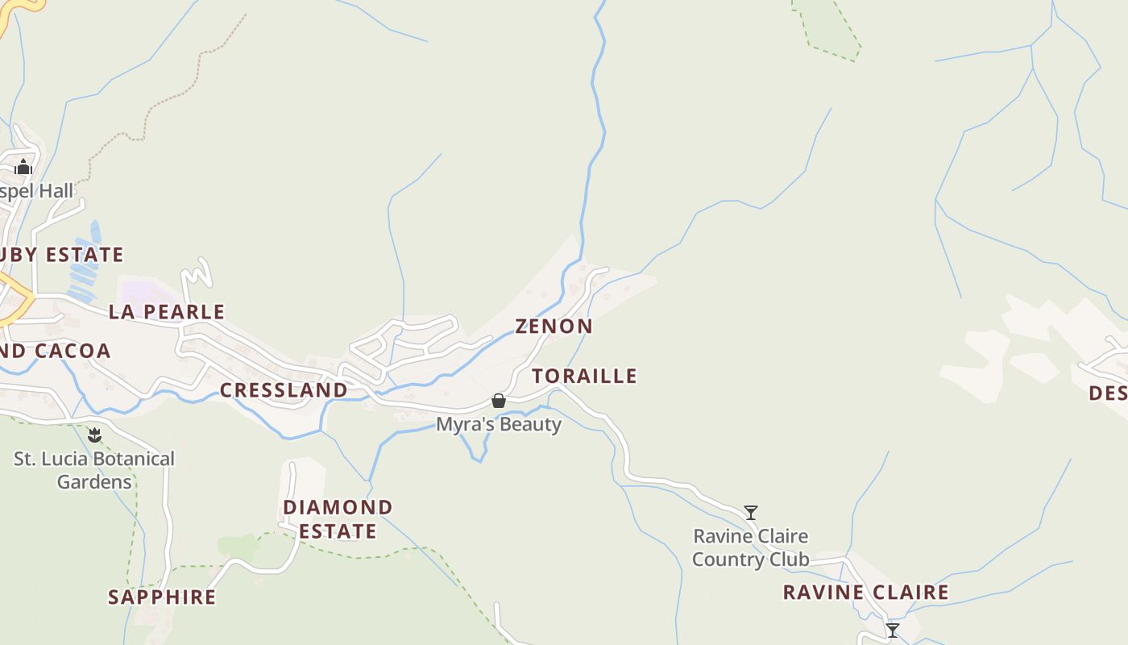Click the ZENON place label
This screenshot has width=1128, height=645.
tap(554, 327)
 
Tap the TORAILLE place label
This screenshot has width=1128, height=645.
tap(584, 377)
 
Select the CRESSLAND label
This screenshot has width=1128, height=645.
tap(284, 390)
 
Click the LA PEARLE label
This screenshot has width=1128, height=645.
tap(167, 312)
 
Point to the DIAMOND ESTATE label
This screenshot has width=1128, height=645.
tap(337, 519)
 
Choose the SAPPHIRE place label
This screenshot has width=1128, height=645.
tap(162, 597)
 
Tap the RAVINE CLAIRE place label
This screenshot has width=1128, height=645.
tap(865, 593)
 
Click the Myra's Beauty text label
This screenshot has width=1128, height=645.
tap(498, 424)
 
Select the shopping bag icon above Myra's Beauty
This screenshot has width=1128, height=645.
tap(499, 401)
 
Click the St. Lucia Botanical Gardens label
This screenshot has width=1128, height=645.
tap(94, 470)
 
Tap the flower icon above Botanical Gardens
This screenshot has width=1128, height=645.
tap(95, 436)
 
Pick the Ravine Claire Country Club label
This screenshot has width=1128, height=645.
tap(750, 547)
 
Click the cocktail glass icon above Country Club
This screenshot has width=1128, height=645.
tap(751, 512)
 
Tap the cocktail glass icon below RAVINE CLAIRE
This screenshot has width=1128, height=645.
tap(892, 630)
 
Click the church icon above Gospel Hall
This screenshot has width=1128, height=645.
tap(23, 167)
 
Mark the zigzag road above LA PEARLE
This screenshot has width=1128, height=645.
tap(197, 274)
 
